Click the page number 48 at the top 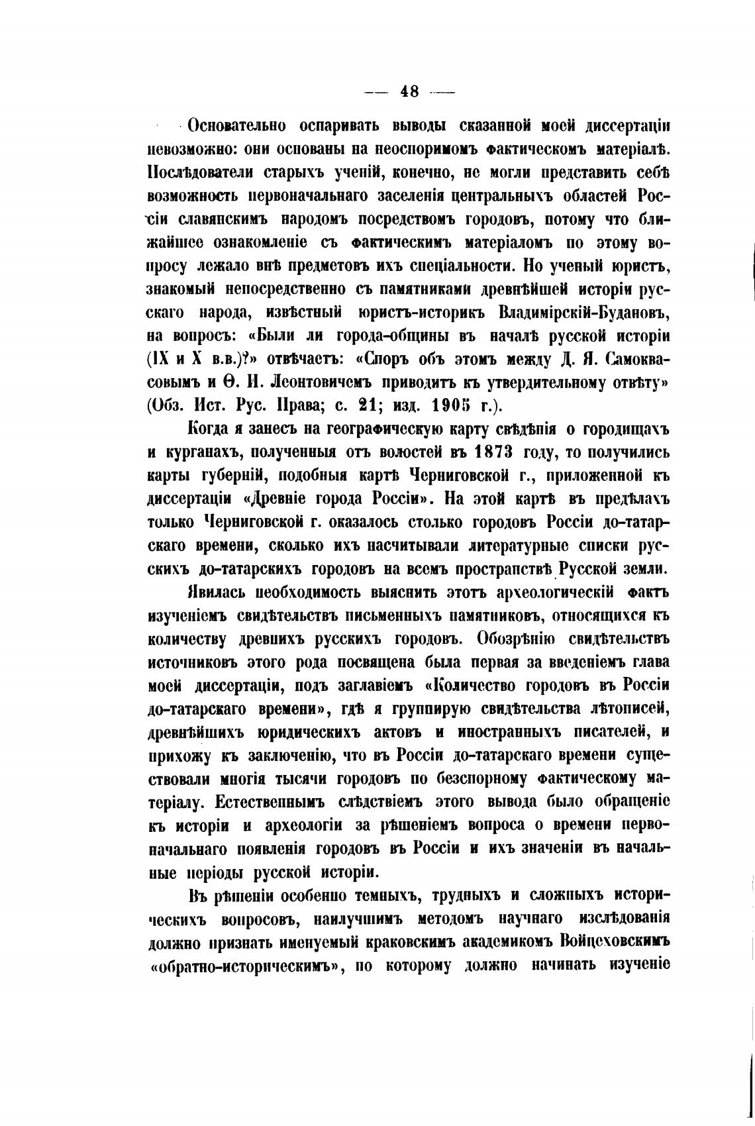click(409, 91)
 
